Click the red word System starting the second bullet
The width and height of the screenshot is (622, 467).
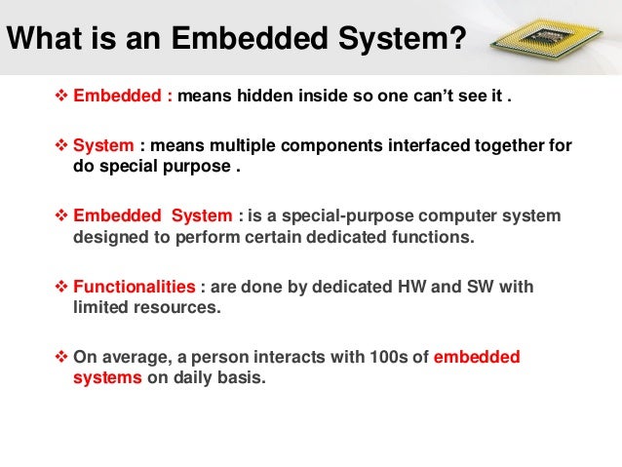pyautogui.click(x=103, y=145)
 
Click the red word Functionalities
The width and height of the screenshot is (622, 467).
pyautogui.click(x=135, y=287)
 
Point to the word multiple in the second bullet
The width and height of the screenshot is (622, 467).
pyautogui.click(x=234, y=145)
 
